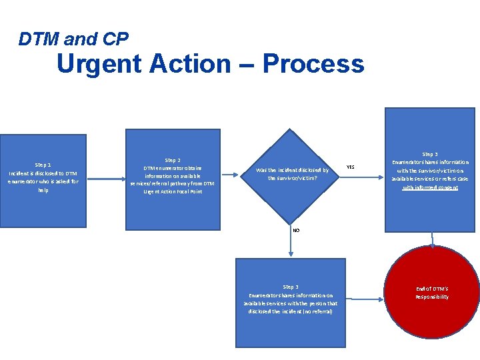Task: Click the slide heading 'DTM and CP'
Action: (x=73, y=39)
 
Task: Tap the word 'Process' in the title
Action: (x=313, y=64)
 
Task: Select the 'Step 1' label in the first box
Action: (x=43, y=165)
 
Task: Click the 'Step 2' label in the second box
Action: (x=172, y=160)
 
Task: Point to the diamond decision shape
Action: (x=290, y=175)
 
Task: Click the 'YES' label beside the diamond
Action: (x=351, y=167)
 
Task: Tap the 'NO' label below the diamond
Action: (x=296, y=230)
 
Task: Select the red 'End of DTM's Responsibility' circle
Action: (x=432, y=292)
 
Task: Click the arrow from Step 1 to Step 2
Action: (x=106, y=177)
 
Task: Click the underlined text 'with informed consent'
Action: (x=430, y=188)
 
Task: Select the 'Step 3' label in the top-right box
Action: (x=430, y=154)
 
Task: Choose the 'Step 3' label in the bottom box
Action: (x=291, y=287)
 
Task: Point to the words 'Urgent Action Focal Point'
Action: (x=172, y=191)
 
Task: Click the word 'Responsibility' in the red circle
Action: (x=432, y=297)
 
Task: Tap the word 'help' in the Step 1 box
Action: (x=43, y=190)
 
